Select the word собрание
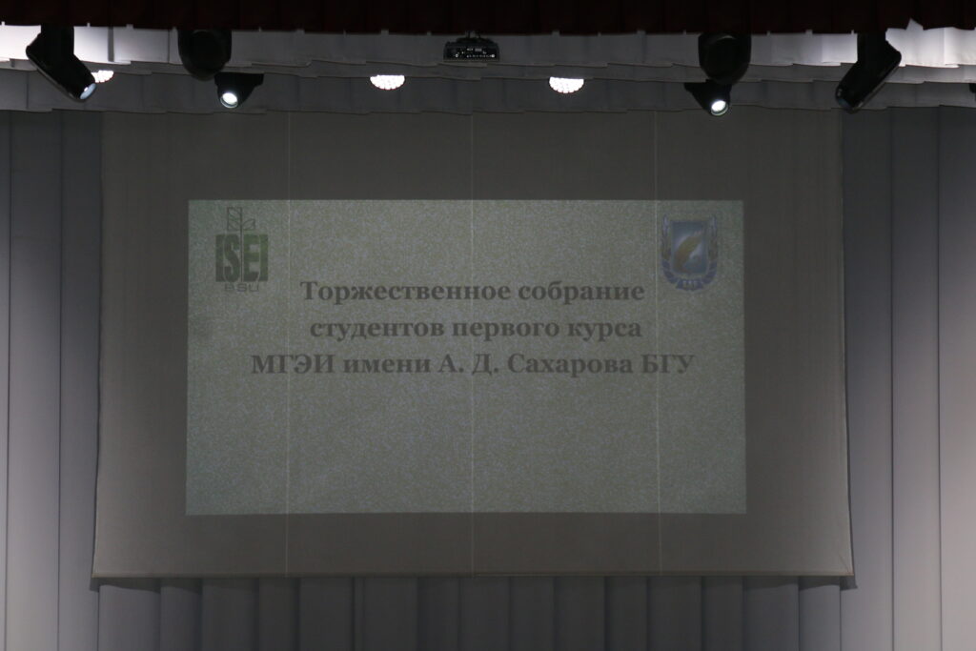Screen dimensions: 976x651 point(582,292)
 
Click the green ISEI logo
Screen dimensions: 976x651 point(241,249)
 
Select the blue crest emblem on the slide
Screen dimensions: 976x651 point(689,252)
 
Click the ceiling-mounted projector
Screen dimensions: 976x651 point(471,49)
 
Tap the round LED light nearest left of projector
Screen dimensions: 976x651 point(387,81)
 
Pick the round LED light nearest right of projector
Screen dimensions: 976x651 point(566,84)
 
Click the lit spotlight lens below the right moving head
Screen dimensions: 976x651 point(719,107)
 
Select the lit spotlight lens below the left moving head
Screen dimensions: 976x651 point(230,98)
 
